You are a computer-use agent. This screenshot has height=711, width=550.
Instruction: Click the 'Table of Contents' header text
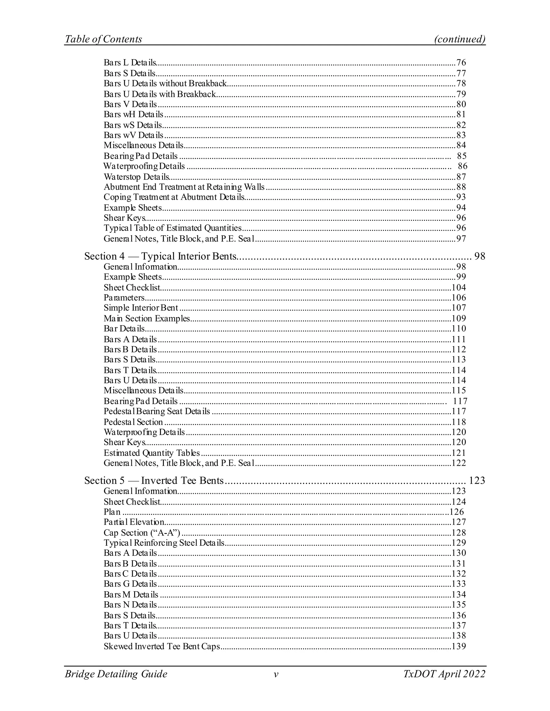click(x=103, y=39)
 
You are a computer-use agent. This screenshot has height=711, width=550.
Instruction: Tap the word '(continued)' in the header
click(x=460, y=39)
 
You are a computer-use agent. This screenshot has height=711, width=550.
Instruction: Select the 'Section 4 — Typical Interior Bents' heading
click(x=160, y=256)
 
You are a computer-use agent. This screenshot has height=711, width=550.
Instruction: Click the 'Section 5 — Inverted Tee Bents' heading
click(x=154, y=481)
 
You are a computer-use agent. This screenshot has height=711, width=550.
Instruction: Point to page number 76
click(x=461, y=63)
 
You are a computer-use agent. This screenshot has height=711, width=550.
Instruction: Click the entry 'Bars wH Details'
click(x=133, y=115)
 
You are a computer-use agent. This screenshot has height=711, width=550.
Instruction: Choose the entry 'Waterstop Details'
click(x=136, y=177)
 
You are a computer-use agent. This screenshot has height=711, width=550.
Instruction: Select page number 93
click(x=461, y=197)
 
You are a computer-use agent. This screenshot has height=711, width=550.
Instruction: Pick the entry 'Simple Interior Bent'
click(x=141, y=308)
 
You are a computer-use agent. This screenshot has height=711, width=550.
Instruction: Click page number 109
click(x=459, y=318)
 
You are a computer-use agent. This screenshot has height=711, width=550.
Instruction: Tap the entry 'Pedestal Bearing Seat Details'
click(x=157, y=412)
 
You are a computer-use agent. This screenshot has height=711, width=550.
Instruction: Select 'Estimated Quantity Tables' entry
click(x=151, y=453)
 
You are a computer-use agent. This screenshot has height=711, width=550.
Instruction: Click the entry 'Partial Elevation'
click(x=134, y=522)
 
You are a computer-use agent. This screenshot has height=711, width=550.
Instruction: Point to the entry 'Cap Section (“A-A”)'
click(x=142, y=533)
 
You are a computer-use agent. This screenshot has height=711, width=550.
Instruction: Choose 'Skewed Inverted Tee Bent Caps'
click(x=162, y=646)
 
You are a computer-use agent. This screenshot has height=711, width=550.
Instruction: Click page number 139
click(x=459, y=646)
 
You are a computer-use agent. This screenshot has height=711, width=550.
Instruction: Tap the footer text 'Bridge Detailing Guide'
click(x=116, y=674)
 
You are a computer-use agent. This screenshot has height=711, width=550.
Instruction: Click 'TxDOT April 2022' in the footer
click(x=444, y=674)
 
